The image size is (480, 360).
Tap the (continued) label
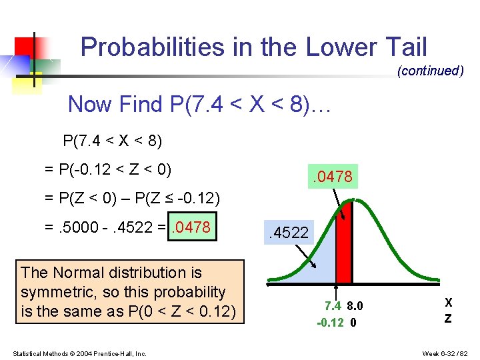pyautogui.click(x=430, y=71)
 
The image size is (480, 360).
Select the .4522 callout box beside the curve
pyautogui.click(x=288, y=233)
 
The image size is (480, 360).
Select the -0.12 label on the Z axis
pyautogui.click(x=330, y=322)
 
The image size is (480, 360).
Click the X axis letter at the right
pyautogui.click(x=448, y=303)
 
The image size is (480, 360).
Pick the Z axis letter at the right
pyautogui.click(x=448, y=319)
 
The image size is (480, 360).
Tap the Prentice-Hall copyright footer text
pyautogui.click(x=79, y=353)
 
